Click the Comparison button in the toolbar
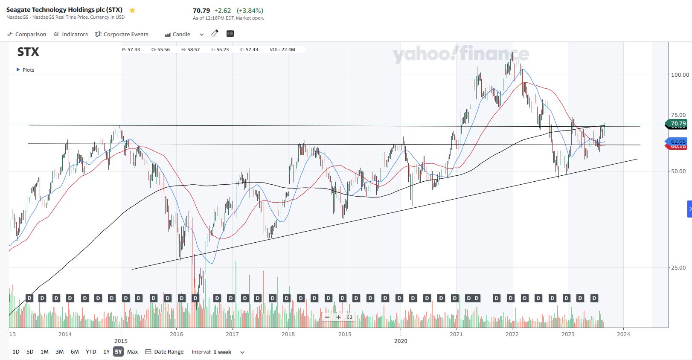click(x=27, y=34)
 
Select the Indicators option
click(x=71, y=34)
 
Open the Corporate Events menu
click(x=122, y=34)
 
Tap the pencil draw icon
click(x=215, y=34)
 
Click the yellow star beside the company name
click(x=132, y=10)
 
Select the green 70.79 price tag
click(x=677, y=124)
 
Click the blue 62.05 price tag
click(x=677, y=142)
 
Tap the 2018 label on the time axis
click(x=288, y=334)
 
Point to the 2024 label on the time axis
click(x=623, y=334)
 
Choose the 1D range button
click(x=16, y=352)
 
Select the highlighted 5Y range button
click(x=118, y=352)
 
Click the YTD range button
click(x=91, y=352)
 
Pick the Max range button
click(x=133, y=352)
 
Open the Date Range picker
click(x=165, y=352)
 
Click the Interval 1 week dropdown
click(x=218, y=352)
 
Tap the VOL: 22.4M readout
click(x=282, y=49)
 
